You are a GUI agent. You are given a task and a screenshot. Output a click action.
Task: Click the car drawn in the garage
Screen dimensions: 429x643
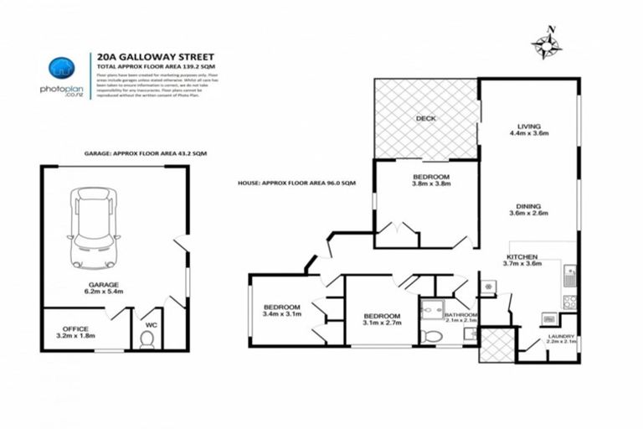tap(93, 223)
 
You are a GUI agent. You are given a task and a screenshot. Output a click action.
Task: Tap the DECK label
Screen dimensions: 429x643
tap(426, 119)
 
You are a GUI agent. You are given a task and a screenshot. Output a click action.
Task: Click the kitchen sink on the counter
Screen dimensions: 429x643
tap(570, 272)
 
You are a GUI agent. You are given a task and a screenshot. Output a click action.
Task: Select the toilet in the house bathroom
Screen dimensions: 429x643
tap(432, 336)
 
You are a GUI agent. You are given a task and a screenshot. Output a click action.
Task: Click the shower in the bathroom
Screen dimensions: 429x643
tap(433, 308)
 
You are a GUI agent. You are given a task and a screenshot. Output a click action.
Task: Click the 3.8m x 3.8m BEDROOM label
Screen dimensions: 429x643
tap(432, 182)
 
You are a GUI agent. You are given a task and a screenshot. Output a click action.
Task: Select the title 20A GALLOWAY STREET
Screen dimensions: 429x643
tap(143, 58)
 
